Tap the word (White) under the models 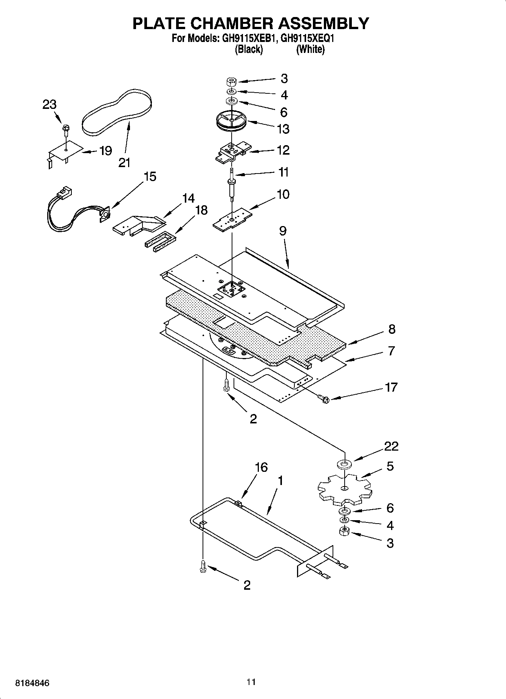click(310, 49)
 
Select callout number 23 click(49, 105)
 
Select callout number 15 click(150, 177)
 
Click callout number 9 click(283, 231)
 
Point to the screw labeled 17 click(322, 397)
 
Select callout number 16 click(261, 467)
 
